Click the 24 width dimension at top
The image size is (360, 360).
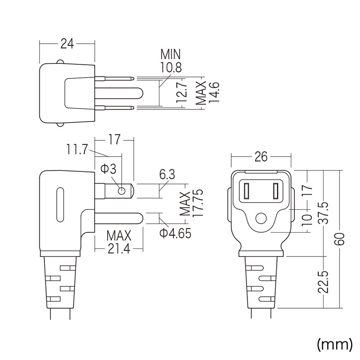click(67, 43)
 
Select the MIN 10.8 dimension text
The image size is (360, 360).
click(171, 62)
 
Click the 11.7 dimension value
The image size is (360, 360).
click(77, 149)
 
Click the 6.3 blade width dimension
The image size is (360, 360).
click(167, 175)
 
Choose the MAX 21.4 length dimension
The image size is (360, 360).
click(119, 242)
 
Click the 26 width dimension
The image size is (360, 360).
click(261, 157)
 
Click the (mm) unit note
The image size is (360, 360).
click(334, 345)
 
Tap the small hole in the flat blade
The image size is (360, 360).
click(121, 191)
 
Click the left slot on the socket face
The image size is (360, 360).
click(247, 191)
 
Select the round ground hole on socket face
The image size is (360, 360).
click(261, 220)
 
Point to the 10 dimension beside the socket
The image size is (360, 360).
click(307, 220)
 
